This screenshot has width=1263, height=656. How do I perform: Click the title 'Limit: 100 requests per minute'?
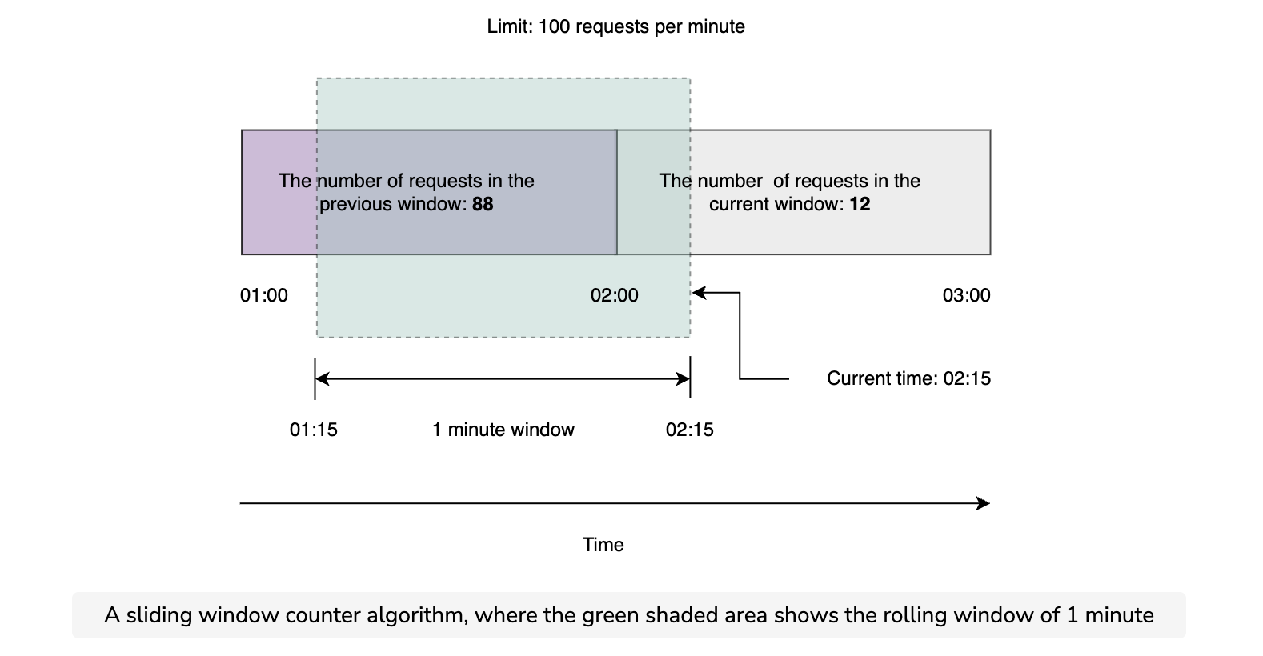(615, 26)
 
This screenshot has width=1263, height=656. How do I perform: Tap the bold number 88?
(483, 204)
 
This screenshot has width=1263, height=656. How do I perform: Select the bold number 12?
(860, 204)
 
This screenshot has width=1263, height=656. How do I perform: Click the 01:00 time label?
(264, 295)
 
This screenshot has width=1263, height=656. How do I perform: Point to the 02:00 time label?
(615, 295)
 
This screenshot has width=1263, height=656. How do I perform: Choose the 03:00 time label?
(966, 295)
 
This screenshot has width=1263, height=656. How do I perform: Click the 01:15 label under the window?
(314, 430)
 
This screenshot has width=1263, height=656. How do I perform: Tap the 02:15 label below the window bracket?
(690, 430)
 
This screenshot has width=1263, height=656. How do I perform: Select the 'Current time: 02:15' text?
(909, 378)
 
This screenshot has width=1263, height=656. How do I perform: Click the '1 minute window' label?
(503, 430)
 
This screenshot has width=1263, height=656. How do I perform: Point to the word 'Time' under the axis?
(603, 545)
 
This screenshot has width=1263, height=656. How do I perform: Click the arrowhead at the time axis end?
(983, 503)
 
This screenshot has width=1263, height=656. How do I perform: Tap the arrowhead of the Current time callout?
(700, 293)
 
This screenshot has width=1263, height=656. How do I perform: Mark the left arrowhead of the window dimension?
(322, 378)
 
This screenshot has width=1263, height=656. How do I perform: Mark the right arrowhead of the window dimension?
(683, 378)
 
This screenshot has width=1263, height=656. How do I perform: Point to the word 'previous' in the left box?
(356, 204)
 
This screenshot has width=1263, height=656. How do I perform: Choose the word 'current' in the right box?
(738, 204)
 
